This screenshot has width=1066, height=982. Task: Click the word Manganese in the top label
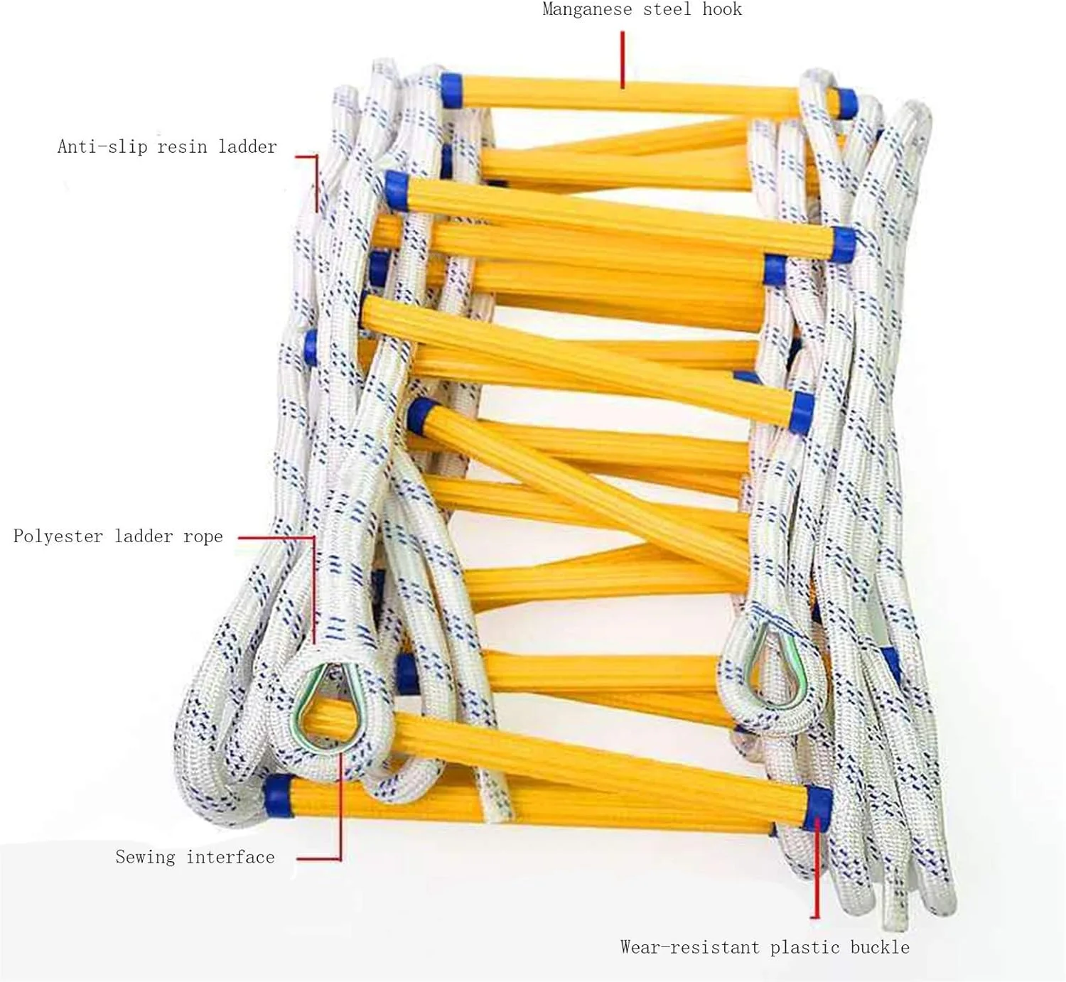pyautogui.click(x=586, y=10)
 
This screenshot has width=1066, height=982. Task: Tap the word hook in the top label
pyautogui.click(x=722, y=10)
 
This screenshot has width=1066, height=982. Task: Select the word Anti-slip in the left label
pyautogui.click(x=102, y=147)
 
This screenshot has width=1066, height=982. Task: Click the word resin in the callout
pyautogui.click(x=182, y=147)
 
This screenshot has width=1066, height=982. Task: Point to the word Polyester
pyautogui.click(x=58, y=536)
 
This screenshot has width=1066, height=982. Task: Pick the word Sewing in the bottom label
pyautogui.click(x=145, y=857)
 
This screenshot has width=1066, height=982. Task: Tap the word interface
pyautogui.click(x=230, y=857)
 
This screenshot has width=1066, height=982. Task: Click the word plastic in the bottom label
pyautogui.click(x=805, y=947)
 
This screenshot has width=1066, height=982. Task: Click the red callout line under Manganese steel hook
pyautogui.click(x=623, y=60)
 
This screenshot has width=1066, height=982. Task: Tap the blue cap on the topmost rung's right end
pyautogui.click(x=846, y=103)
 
